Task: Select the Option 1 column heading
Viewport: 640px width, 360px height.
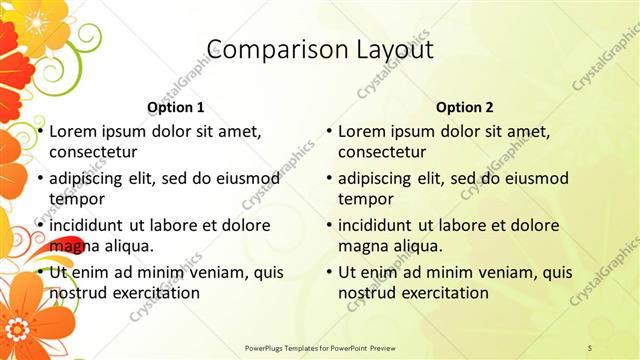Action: pyautogui.click(x=175, y=107)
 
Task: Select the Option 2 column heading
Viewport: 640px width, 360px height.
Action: pyautogui.click(x=465, y=107)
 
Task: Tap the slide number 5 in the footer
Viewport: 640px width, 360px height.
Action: pyautogui.click(x=590, y=347)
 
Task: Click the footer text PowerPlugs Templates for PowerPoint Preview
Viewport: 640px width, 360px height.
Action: pyautogui.click(x=319, y=347)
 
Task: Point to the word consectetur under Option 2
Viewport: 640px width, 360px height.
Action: pyautogui.click(x=383, y=152)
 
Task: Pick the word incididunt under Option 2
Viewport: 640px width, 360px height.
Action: pyautogui.click(x=383, y=225)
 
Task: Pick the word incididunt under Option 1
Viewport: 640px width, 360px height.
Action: pyautogui.click(x=93, y=225)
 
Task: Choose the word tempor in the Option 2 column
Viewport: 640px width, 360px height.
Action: pyautogui.click(x=362, y=198)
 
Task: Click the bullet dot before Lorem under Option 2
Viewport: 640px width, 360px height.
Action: pyautogui.click(x=329, y=131)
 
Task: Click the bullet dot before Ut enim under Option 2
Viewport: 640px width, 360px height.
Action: pyautogui.click(x=329, y=272)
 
